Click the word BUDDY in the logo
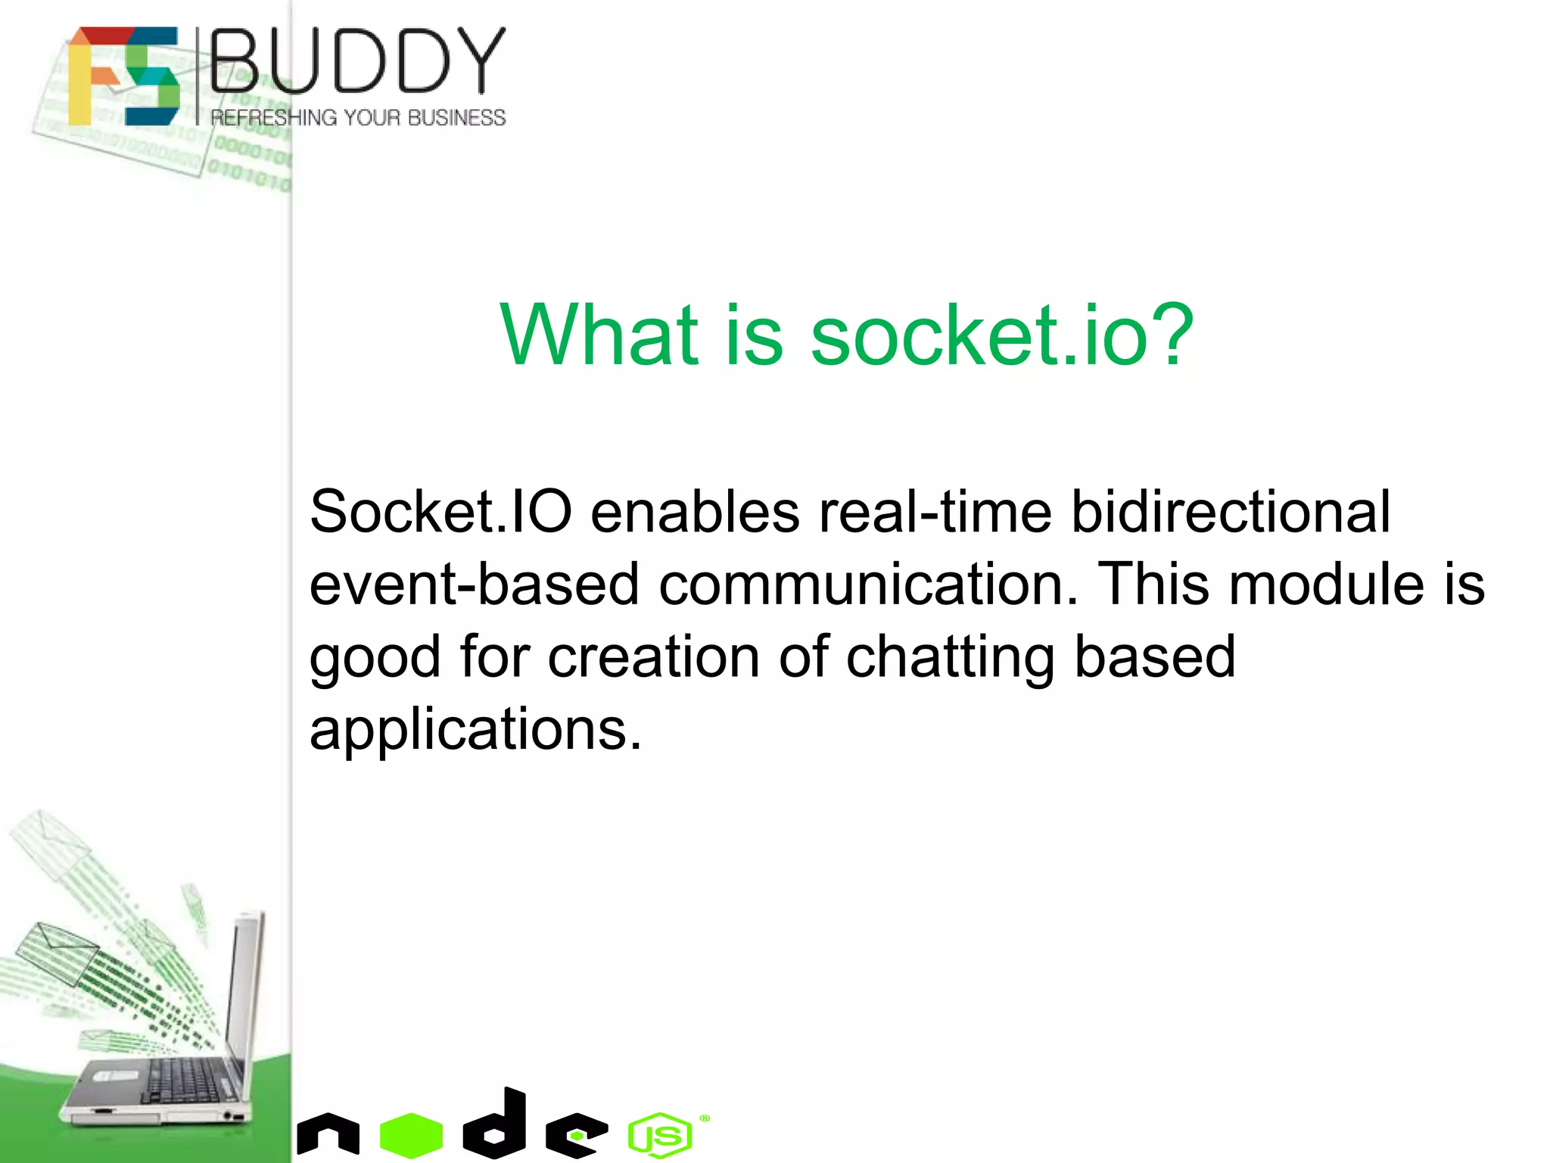coord(357,61)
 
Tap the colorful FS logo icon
coord(123,76)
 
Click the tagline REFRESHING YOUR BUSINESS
coord(357,118)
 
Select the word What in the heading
coord(598,335)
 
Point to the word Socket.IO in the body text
coord(440,512)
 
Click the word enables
coord(694,512)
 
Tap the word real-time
coord(935,512)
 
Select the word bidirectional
coord(1230,512)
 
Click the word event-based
coord(475,585)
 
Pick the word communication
coord(868,585)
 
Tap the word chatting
coord(950,657)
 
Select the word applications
coord(475,730)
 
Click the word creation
coord(653,657)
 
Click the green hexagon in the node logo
coord(411,1135)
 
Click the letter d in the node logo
coord(496,1125)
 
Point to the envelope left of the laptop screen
coord(57,953)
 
